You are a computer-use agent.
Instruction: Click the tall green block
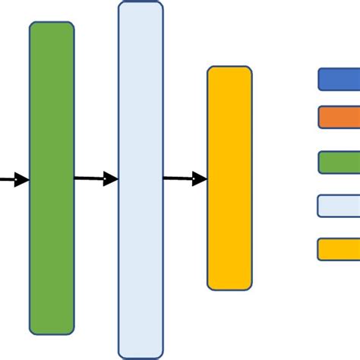click(52, 178)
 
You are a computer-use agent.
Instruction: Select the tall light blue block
click(141, 179)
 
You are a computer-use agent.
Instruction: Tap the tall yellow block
click(229, 178)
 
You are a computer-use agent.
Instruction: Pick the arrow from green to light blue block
click(96, 178)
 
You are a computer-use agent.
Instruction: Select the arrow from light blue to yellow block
click(185, 178)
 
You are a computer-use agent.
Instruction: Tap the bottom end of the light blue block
click(141, 354)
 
